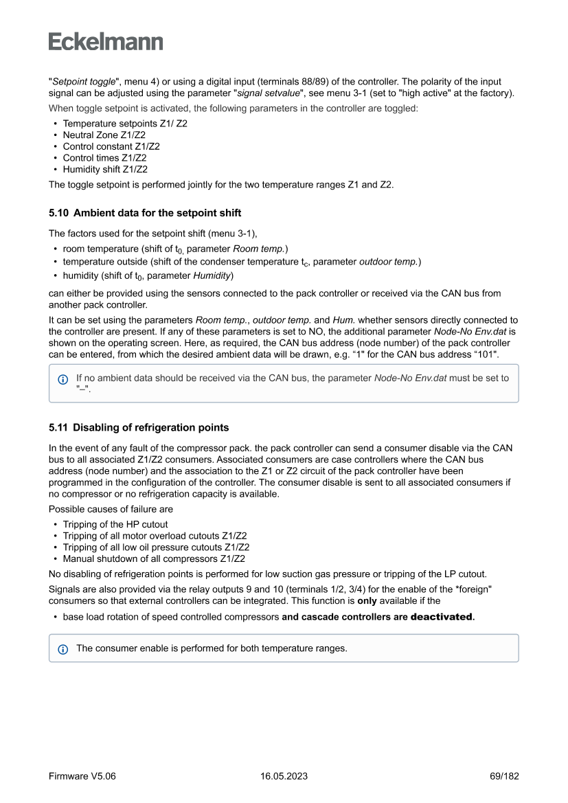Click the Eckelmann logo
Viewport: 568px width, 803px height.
click(106, 42)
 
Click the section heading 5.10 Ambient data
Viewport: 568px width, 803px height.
click(145, 213)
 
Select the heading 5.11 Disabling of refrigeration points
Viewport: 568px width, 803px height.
click(139, 427)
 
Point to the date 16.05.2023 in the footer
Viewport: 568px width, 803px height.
click(284, 776)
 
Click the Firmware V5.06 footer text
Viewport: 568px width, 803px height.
click(82, 776)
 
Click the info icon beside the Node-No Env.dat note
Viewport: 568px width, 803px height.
click(63, 378)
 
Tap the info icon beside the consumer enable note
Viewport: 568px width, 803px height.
click(63, 648)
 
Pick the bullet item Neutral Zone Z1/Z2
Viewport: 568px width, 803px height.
click(104, 135)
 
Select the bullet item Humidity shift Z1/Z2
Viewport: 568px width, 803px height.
click(105, 169)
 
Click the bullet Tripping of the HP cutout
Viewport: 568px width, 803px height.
click(115, 524)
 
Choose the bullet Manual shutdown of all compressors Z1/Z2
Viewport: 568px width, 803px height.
click(156, 558)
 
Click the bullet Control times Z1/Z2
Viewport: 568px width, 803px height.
click(104, 158)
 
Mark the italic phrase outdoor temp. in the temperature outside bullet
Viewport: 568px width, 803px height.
click(389, 262)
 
